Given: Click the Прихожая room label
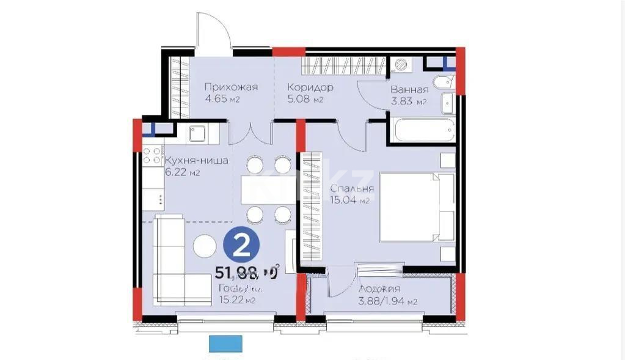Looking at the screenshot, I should [231, 87].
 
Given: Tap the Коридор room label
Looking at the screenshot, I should [310, 87].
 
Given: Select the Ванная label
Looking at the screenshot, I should [409, 89].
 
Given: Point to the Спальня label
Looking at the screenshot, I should [351, 188].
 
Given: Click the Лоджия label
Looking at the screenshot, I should [379, 289].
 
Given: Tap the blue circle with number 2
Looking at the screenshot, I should [241, 246].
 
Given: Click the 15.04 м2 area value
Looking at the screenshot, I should [350, 200].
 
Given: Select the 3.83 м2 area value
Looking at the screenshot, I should [408, 101].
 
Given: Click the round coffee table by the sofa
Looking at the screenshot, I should [204, 246].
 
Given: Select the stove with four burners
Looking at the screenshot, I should [153, 158].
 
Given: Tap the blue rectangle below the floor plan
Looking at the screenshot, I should [225, 343].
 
